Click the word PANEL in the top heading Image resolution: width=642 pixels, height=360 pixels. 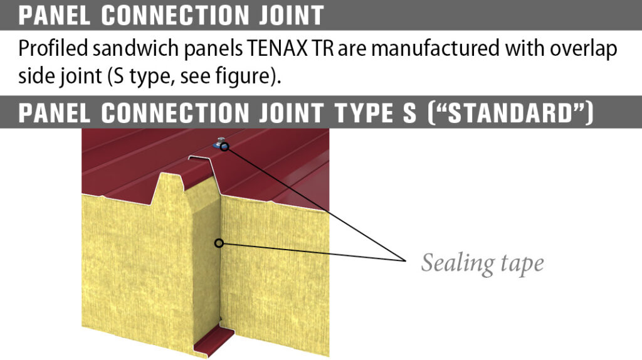[x=54, y=15]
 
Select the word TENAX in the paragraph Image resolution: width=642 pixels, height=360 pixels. [x=277, y=48]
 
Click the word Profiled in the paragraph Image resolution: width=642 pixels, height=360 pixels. [x=53, y=48]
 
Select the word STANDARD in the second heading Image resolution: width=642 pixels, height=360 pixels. [x=510, y=113]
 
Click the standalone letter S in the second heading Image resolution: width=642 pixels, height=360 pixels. [x=409, y=113]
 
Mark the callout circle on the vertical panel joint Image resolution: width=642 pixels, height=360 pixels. [x=219, y=243]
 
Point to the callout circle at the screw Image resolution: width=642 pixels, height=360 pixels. [x=224, y=147]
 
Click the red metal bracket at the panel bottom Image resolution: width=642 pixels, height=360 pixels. [x=213, y=340]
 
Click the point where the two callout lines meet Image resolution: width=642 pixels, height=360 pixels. [x=405, y=260]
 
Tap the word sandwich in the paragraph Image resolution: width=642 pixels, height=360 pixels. [x=135, y=48]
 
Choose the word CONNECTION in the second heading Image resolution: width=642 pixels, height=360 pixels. [x=176, y=113]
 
